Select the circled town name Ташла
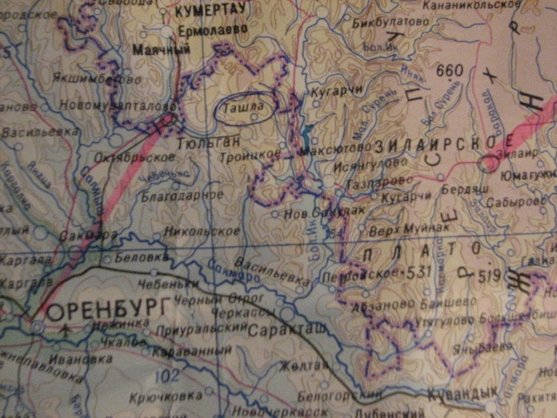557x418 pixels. pyautogui.click(x=245, y=107)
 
